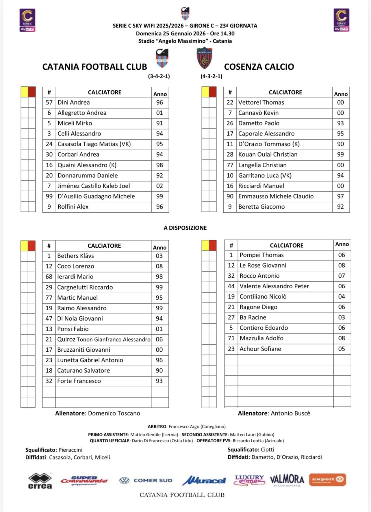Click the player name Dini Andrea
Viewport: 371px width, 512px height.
point(74,103)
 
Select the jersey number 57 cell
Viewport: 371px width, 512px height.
point(49,103)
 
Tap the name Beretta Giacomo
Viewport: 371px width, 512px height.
point(261,207)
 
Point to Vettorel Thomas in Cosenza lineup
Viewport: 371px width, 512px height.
point(261,103)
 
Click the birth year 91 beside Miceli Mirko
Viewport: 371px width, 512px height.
point(159,123)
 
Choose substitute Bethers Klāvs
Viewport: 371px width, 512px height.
point(75,256)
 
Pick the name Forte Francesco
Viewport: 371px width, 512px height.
point(79,381)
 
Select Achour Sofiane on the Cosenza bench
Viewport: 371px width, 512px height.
point(260,349)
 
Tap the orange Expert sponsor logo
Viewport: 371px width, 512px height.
point(327,480)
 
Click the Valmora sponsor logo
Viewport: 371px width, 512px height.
point(287,480)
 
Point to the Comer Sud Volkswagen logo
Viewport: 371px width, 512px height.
point(146,481)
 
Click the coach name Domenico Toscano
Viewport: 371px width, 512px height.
point(114,413)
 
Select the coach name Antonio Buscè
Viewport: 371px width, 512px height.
point(290,413)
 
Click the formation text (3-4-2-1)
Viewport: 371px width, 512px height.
point(159,77)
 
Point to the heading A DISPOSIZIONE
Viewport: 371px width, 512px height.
point(185,228)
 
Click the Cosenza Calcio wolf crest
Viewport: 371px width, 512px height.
point(205,58)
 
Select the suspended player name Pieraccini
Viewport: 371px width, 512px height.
point(70,450)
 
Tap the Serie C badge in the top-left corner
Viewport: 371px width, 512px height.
point(27,20)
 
